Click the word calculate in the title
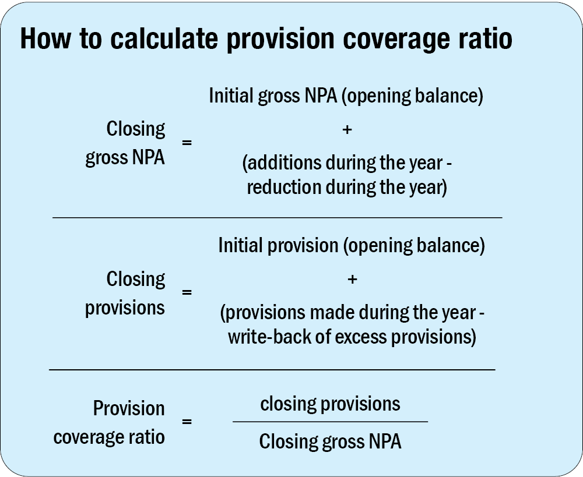[x=164, y=38]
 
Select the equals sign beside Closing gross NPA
[x=187, y=143]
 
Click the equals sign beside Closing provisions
[x=187, y=292]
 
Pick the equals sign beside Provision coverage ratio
[x=187, y=422]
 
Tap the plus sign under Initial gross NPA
[x=346, y=130]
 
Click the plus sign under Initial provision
[x=352, y=279]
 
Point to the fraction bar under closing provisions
[x=330, y=422]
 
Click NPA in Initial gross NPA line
[x=321, y=96]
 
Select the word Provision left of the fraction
[x=129, y=408]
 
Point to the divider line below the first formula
[x=278, y=217]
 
